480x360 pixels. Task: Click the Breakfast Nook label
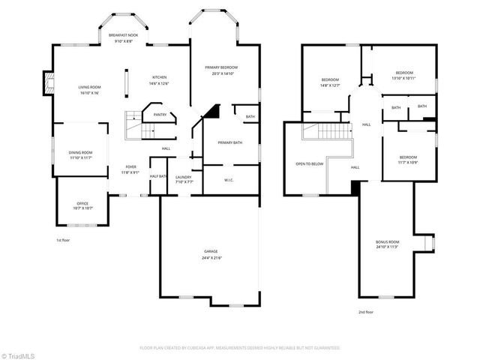(x=124, y=36)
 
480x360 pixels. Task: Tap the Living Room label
(x=90, y=88)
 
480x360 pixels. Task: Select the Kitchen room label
(x=160, y=77)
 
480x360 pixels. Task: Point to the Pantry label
(x=160, y=115)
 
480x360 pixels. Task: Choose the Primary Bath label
(x=230, y=142)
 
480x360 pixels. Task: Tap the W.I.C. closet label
(x=229, y=179)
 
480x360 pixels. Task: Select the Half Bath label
(x=157, y=176)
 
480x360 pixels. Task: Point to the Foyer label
(x=130, y=167)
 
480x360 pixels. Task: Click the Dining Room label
(x=81, y=152)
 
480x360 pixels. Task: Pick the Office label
(x=82, y=203)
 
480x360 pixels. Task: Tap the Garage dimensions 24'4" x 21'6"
(x=211, y=257)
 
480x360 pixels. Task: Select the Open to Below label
(x=310, y=163)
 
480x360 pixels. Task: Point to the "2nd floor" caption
(x=365, y=311)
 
